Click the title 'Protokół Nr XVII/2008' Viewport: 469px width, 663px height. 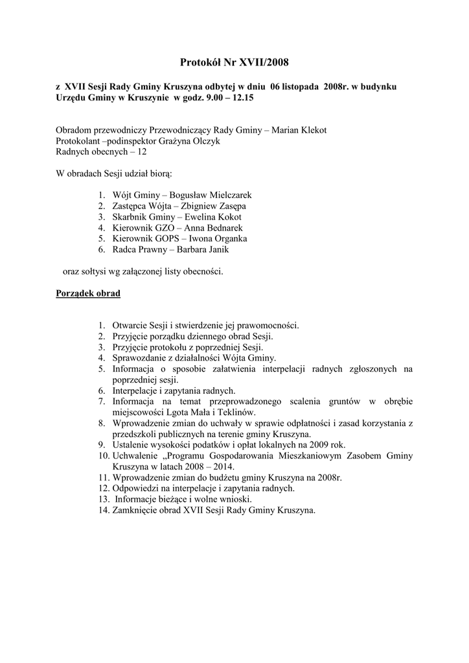pyautogui.click(x=234, y=62)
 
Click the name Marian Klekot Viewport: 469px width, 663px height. pyautogui.click(x=299, y=130)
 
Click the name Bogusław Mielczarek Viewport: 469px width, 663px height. pyautogui.click(x=214, y=194)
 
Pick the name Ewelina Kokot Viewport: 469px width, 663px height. pyautogui.click(x=201, y=216)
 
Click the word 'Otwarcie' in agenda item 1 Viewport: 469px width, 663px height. pyautogui.click(x=128, y=326)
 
